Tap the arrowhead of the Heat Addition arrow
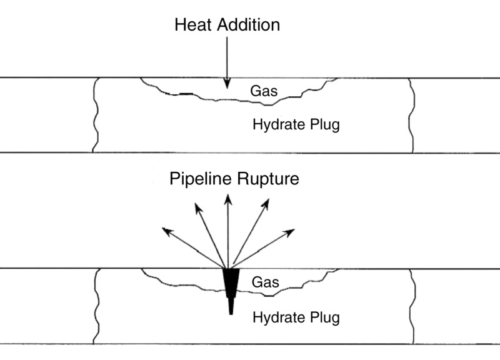[x=227, y=82]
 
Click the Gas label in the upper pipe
[x=263, y=92]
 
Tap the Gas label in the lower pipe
[x=264, y=282]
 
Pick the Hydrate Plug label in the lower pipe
[x=296, y=317]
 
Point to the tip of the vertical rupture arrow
[x=228, y=196]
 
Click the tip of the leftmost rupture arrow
[x=164, y=230]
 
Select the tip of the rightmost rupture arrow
[x=292, y=231]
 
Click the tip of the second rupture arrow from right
[x=268, y=200]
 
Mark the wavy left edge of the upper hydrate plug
[x=96, y=116]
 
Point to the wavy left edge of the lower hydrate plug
[x=96, y=306]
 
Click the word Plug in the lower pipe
[x=325, y=317]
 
